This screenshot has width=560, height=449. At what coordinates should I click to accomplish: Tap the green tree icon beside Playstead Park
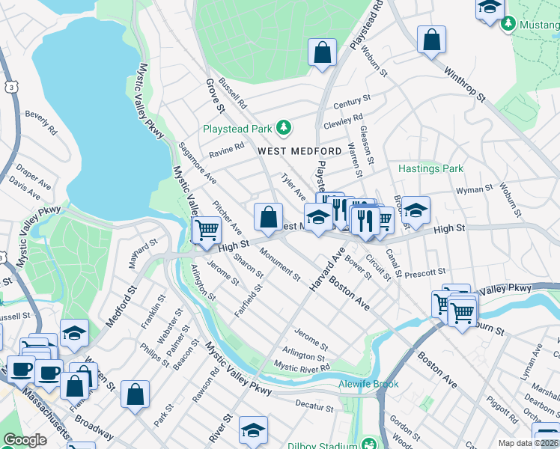point(283,128)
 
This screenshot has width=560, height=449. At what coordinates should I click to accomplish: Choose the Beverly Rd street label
point(41,122)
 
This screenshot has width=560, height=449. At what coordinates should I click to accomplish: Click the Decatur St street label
point(314,408)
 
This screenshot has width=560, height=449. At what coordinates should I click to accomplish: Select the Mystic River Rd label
point(302,367)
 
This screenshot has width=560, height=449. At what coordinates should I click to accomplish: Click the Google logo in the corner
point(25,440)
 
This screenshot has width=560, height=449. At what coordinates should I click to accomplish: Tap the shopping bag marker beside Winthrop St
point(432,40)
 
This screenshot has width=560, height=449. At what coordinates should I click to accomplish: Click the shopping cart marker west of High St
point(207,229)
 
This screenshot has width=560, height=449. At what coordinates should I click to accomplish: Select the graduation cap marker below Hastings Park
point(416,211)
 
